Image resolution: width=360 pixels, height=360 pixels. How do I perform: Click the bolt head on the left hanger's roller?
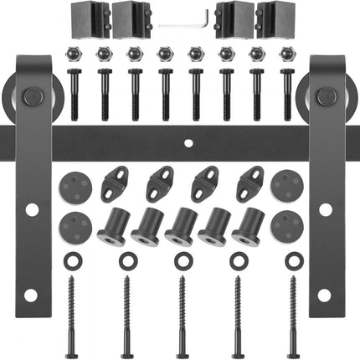coord(32,97)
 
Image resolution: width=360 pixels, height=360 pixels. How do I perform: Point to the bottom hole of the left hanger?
coord(30,295)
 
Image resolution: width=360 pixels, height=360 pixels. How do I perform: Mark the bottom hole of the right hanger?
coord(326,295)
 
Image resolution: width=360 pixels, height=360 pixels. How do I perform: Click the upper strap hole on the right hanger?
coord(326,208)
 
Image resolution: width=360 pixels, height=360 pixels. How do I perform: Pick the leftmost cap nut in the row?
coord(74,55)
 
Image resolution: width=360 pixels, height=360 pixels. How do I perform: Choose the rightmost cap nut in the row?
coord(287,55)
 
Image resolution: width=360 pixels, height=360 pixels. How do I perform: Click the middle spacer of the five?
coord(181,226)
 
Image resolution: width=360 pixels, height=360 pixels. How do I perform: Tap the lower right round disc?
coord(286,226)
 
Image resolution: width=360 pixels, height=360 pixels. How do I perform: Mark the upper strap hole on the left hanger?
coord(30,208)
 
